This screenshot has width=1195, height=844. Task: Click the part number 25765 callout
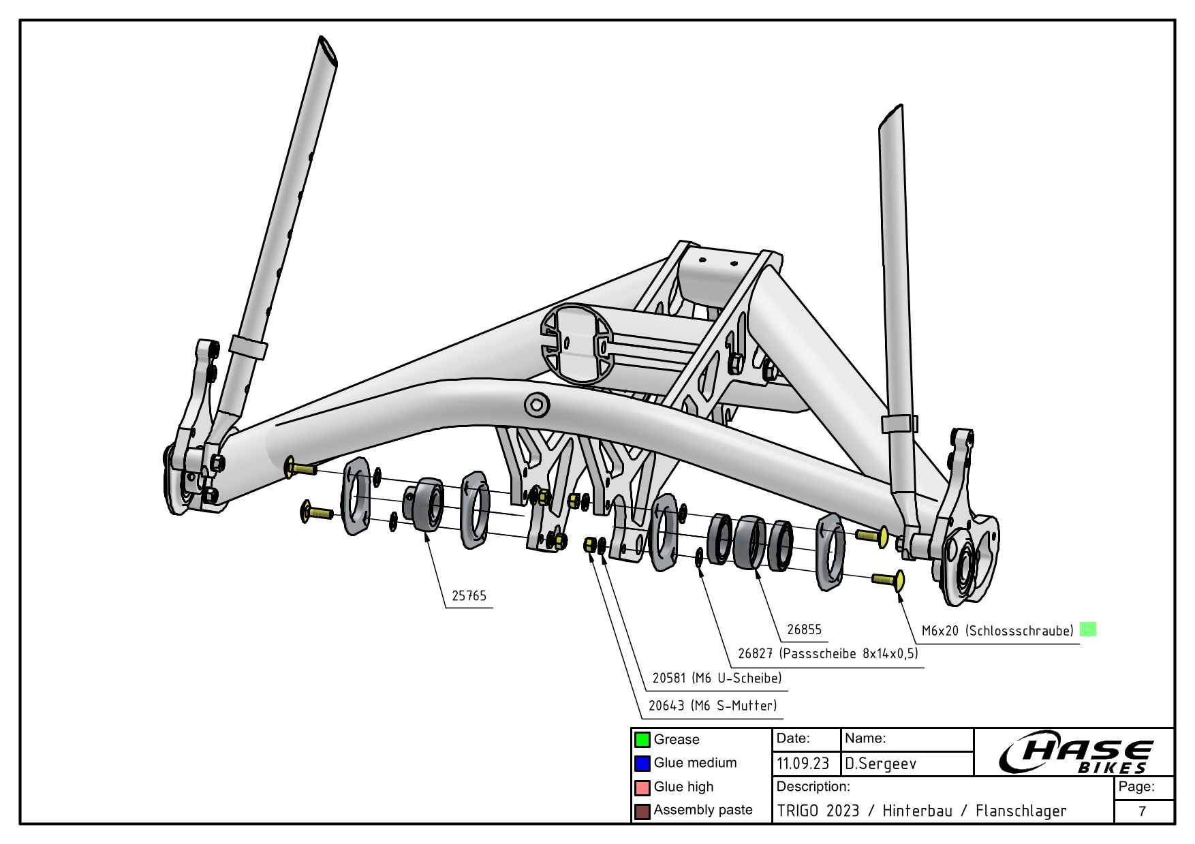pos(469,596)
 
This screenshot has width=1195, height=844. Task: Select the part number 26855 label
pos(804,629)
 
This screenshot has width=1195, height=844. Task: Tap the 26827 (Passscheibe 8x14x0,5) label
pos(828,654)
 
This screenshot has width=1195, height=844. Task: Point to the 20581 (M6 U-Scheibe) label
pos(717,678)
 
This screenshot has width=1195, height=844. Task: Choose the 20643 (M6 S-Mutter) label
pos(712,706)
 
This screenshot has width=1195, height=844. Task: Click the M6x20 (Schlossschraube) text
pos(997,631)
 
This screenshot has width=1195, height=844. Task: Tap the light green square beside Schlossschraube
pos(1088,629)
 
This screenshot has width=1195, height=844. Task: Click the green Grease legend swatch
pos(642,740)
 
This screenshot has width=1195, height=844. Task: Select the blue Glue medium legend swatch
pos(642,764)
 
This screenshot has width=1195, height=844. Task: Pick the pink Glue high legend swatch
pos(642,787)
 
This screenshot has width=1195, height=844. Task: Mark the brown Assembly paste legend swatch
pos(642,811)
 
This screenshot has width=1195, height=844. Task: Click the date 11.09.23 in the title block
pos(803,764)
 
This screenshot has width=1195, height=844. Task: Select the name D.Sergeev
pos(880,764)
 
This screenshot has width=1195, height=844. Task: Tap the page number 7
pos(1143,811)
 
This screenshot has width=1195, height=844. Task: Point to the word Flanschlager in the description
pos(1021,811)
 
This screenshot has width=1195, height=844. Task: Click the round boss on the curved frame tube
pos(537,405)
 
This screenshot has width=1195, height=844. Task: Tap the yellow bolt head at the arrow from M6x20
pos(899,581)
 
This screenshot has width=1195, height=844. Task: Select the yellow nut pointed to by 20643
pos(590,545)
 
